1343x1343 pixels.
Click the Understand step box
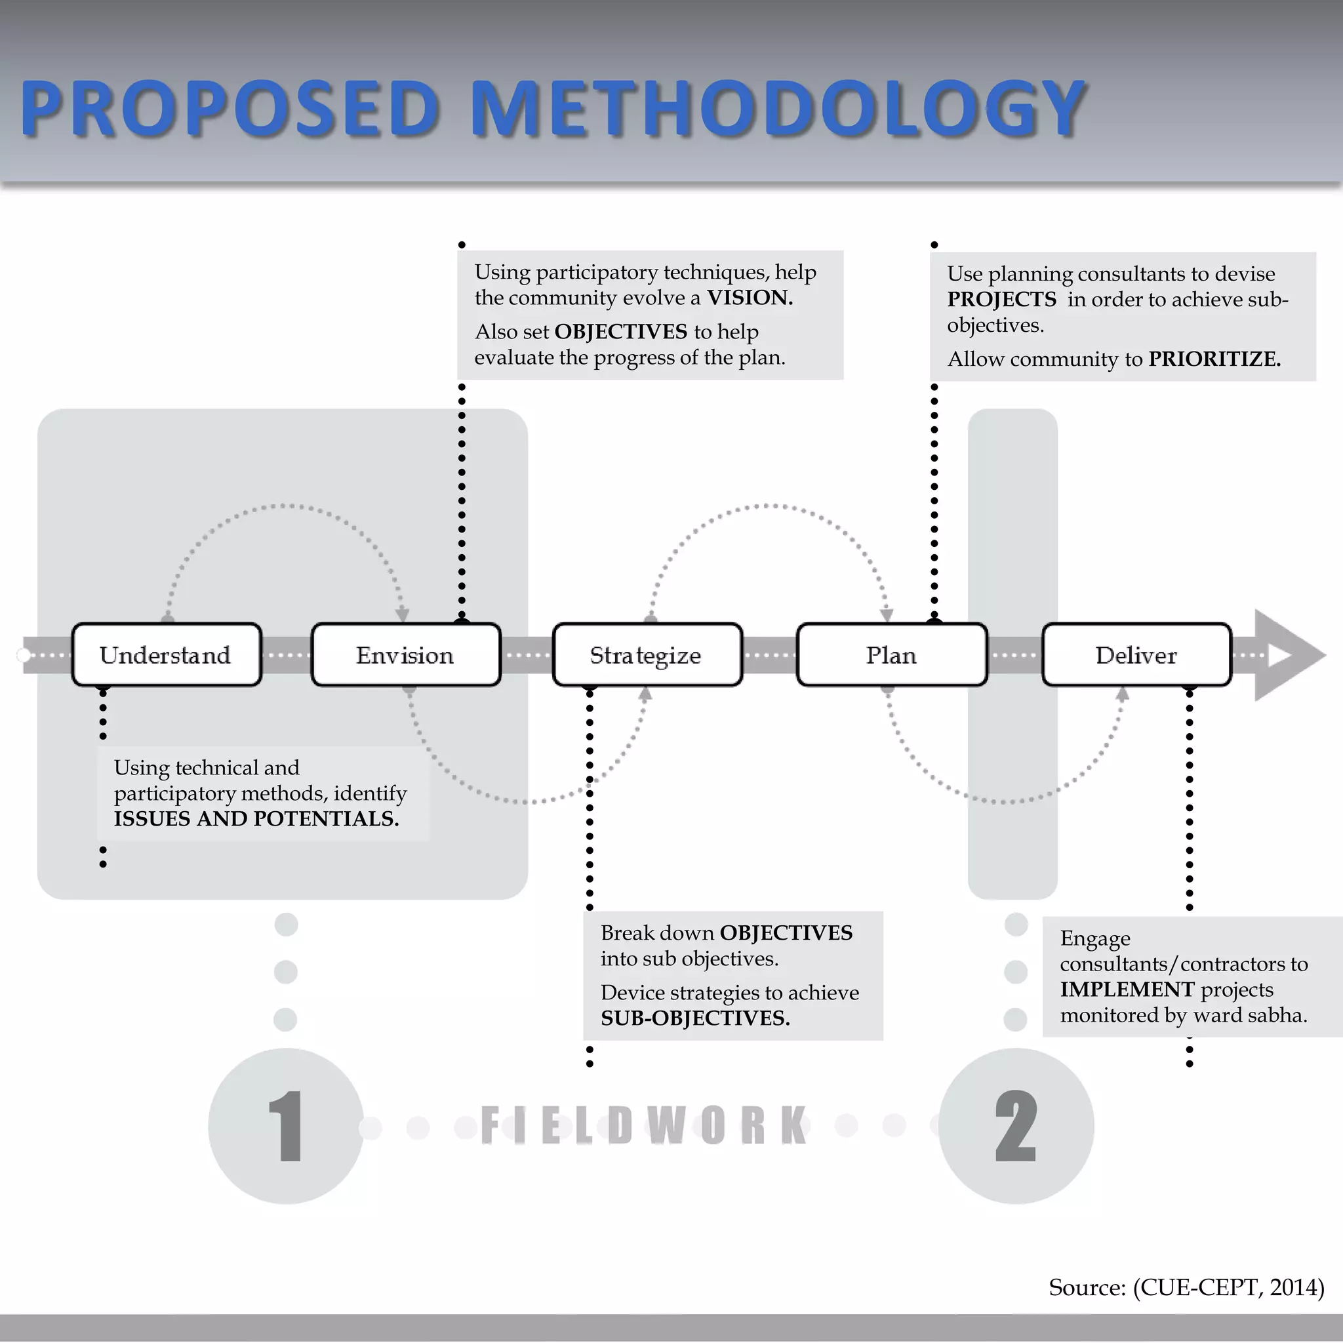coord(166,655)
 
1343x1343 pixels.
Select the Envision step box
coord(406,655)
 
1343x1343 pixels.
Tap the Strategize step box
coord(647,655)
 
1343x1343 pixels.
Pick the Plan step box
coord(891,655)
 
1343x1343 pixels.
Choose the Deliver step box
coord(1136,655)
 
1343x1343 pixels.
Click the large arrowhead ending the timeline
coord(1286,655)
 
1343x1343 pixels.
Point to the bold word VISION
coord(750,298)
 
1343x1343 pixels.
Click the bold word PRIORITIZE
coord(1214,359)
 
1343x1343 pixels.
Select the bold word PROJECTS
coord(1001,299)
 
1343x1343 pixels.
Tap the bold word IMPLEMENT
coord(1127,989)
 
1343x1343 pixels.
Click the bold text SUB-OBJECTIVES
coord(695,1018)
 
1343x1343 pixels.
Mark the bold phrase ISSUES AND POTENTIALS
coord(256,819)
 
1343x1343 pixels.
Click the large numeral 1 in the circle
coord(286,1126)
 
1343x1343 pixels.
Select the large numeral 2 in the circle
coord(1016,1126)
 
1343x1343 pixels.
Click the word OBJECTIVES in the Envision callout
coord(621,332)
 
